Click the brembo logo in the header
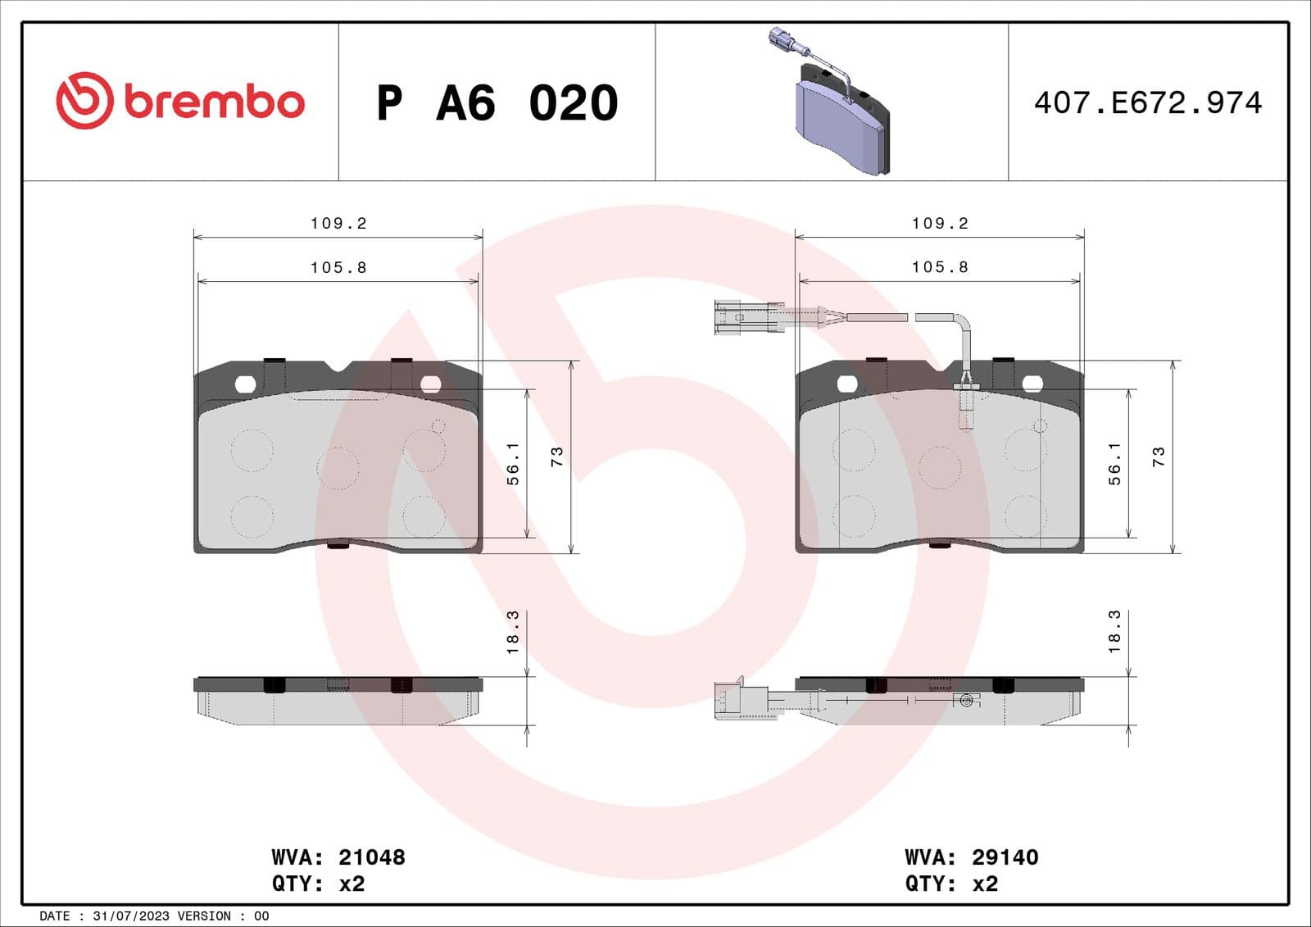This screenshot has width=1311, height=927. [x=180, y=101]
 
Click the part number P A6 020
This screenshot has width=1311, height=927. [x=497, y=103]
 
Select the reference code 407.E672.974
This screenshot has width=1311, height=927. [x=1147, y=103]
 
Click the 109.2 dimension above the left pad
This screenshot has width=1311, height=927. [x=338, y=223]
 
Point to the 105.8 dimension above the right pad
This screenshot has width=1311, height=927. [x=940, y=267]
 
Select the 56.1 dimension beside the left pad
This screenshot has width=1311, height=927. [x=513, y=464]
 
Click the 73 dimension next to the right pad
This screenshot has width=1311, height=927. [x=1158, y=457]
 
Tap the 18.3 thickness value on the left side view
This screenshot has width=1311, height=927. [x=513, y=632]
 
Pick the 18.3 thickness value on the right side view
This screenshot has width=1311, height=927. [x=1114, y=632]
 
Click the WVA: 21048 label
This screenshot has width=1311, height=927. [x=338, y=857]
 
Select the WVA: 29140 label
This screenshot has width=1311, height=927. [x=971, y=857]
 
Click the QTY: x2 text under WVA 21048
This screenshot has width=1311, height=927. [x=318, y=884]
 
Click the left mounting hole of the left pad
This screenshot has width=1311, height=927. [x=245, y=384]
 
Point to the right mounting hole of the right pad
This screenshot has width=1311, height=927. [x=1032, y=384]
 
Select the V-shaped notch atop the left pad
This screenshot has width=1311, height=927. [x=337, y=368]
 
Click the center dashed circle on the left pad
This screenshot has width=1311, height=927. [x=338, y=469]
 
